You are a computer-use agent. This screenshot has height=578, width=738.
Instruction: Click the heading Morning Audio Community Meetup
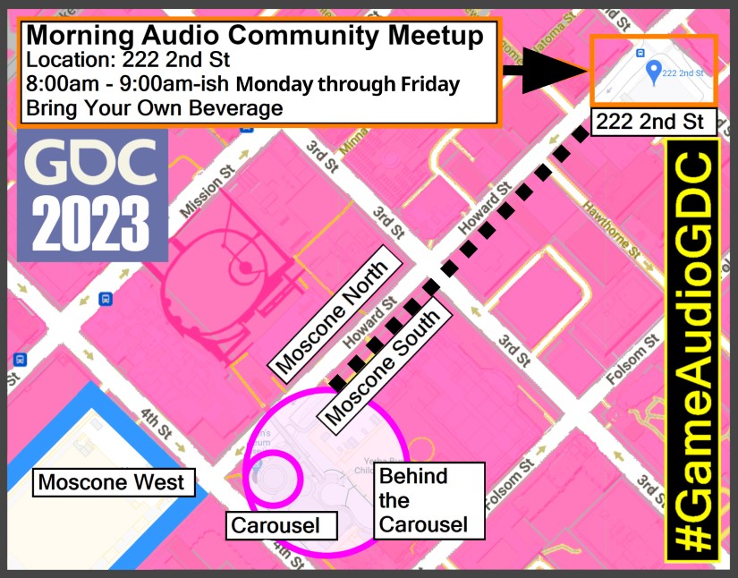(255, 36)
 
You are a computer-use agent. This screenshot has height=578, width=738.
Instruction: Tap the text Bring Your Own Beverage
(154, 109)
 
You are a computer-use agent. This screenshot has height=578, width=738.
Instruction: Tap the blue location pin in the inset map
(656, 72)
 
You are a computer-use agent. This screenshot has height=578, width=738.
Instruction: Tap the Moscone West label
(111, 483)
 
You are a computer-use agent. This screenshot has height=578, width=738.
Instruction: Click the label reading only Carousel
(275, 524)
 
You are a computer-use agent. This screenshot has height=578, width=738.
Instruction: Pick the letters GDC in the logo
(89, 164)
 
